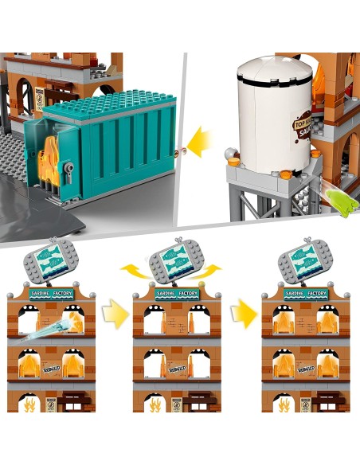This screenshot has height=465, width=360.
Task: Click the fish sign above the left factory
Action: click(52, 263)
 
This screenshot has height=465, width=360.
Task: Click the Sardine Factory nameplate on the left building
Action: click(53, 293)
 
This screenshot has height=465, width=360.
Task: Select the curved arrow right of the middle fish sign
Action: click(212, 270)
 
